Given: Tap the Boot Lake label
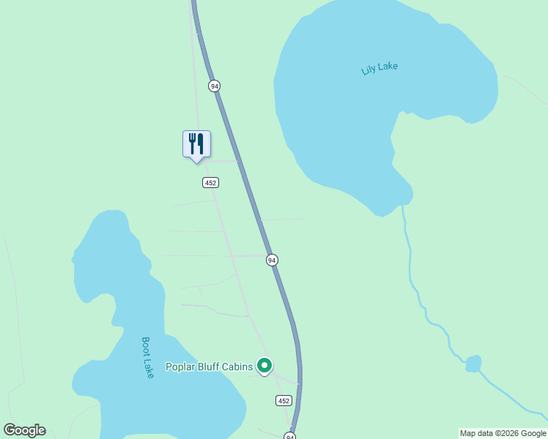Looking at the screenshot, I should tap(147, 357).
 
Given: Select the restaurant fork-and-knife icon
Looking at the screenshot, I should tap(196, 143).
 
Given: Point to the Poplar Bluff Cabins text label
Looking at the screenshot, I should tap(209, 367).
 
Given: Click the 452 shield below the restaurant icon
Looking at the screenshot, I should tap(211, 182).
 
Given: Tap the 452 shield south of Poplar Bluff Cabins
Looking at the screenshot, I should tap(284, 400).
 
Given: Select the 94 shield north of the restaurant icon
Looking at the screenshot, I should tap(214, 86).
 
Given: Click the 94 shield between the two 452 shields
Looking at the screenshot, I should tap(272, 260).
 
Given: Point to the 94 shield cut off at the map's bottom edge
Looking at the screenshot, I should tap(290, 436).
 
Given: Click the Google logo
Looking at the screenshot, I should tap(24, 430).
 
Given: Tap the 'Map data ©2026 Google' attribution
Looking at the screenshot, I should tap(503, 433).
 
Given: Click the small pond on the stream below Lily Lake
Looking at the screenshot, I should tap(473, 363).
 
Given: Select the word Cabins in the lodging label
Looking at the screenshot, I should tap(239, 367).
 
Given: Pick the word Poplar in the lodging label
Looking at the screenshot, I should tap(180, 367).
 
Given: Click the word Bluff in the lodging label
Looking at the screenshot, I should tap(210, 367).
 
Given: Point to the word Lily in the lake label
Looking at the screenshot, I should tap(369, 71).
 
